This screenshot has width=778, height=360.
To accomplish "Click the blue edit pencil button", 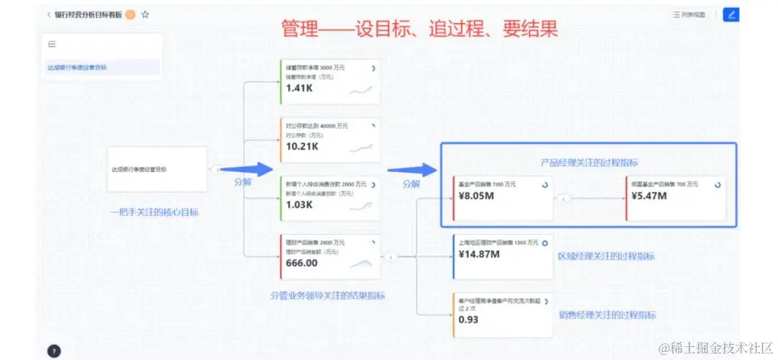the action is tap(730, 14).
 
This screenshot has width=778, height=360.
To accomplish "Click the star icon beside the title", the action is tap(145, 14).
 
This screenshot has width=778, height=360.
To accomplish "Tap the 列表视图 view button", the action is tap(689, 14).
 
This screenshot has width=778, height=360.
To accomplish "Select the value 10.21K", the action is tap(302, 146).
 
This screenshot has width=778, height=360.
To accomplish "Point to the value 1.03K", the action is tap(299, 204).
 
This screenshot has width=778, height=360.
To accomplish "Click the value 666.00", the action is tap(301, 263).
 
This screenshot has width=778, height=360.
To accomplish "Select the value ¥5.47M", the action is tap(648, 195).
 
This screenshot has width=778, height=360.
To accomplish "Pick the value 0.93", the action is tap(468, 320).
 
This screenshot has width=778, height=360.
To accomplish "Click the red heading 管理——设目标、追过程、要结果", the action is tap(419, 29).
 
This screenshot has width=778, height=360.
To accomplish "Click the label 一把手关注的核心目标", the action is tap(154, 212).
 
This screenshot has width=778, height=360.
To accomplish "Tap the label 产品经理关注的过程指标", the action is tap(589, 163).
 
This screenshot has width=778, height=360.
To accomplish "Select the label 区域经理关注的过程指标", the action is tap(607, 256).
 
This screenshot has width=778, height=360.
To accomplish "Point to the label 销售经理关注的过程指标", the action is tap(607, 315).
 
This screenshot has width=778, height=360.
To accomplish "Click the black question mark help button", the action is tap(54, 351).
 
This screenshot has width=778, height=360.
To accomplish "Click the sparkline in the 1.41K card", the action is tap(361, 90).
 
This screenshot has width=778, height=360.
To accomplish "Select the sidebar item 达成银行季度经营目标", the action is tap(78, 68).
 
